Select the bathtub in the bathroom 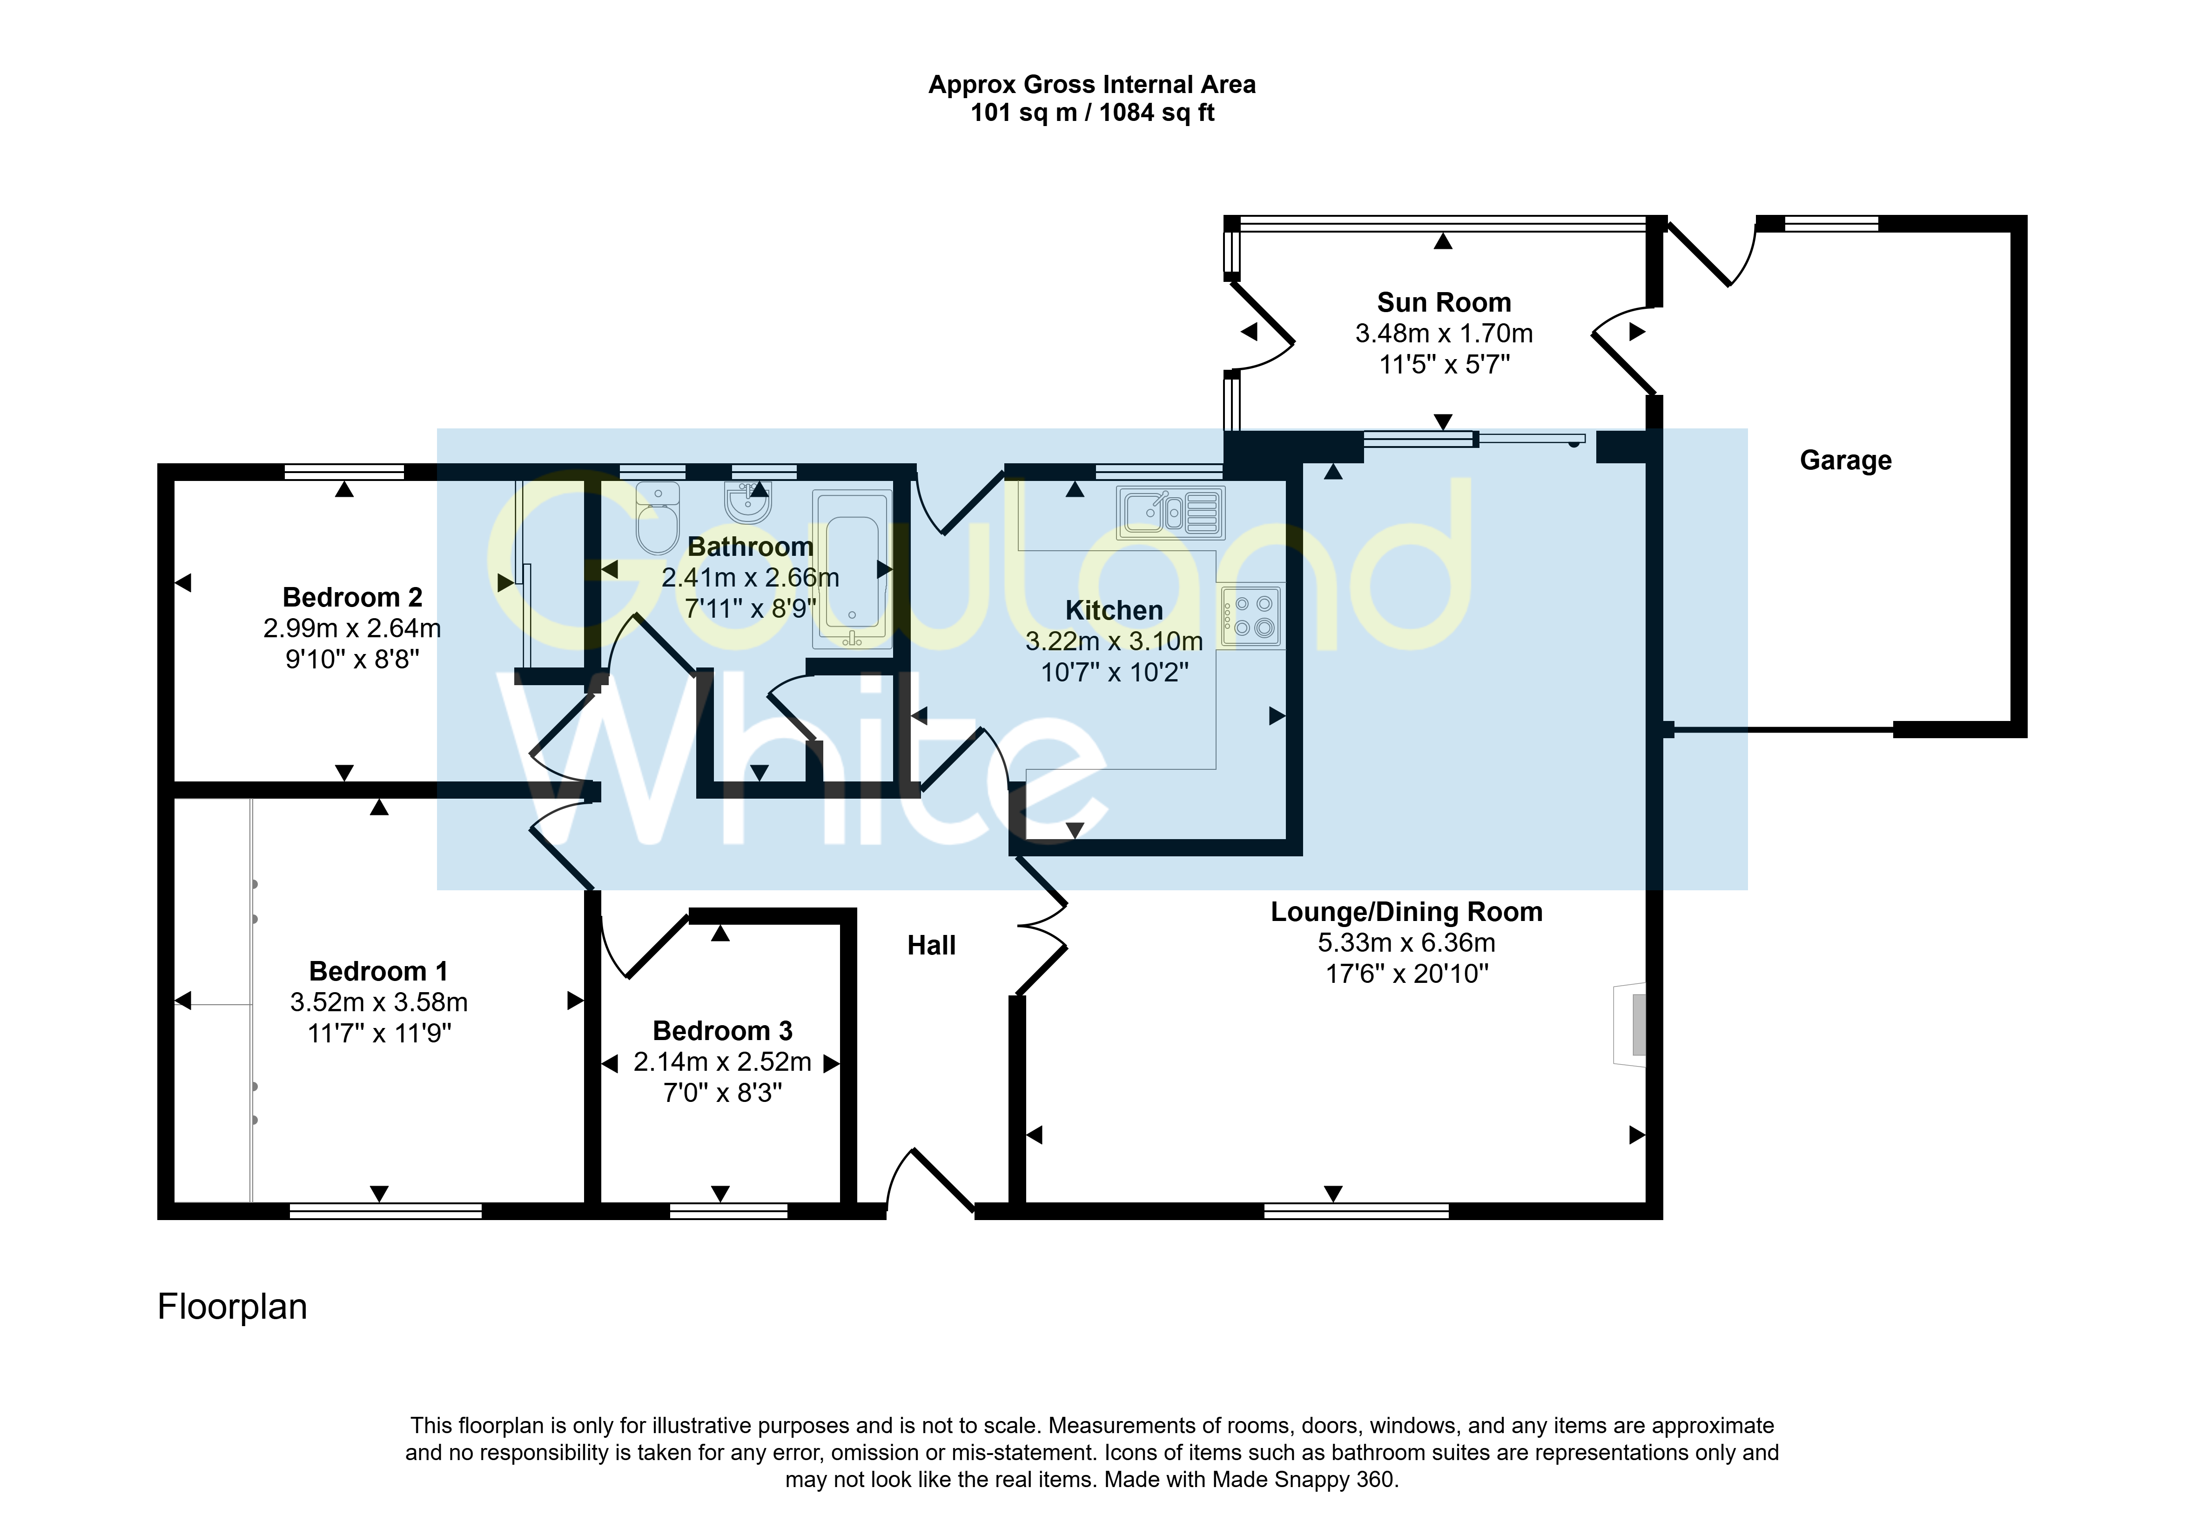(852, 569)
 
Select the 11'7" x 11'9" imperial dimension (379, 1033)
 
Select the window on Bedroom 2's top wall (344, 471)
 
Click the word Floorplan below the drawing (232, 1306)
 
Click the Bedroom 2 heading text (352, 598)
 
